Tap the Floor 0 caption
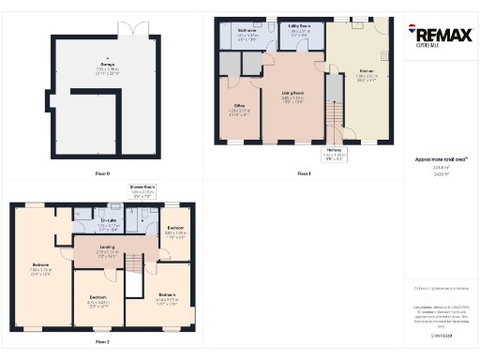pyautogui.click(x=103, y=174)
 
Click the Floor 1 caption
pyautogui.click(x=303, y=174)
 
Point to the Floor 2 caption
pyautogui.click(x=102, y=342)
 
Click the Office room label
pyautogui.click(x=238, y=109)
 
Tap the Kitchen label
pyautogui.click(x=366, y=72)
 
